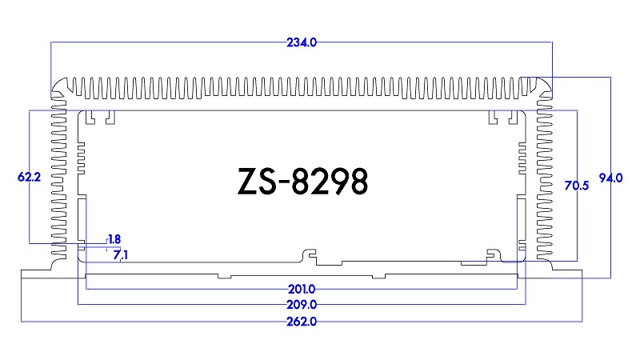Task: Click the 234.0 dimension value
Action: [x=302, y=43]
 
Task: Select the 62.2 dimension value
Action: [x=29, y=178]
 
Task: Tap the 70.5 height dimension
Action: [x=576, y=186]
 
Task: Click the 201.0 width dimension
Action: [x=302, y=289]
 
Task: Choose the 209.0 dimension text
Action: [x=302, y=305]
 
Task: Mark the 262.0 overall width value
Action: [x=302, y=322]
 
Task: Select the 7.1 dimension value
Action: [x=120, y=254]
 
